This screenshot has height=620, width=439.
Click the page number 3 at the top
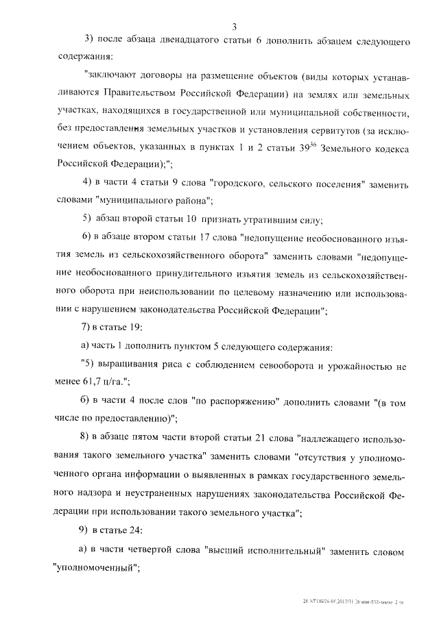pyautogui.click(x=234, y=27)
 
